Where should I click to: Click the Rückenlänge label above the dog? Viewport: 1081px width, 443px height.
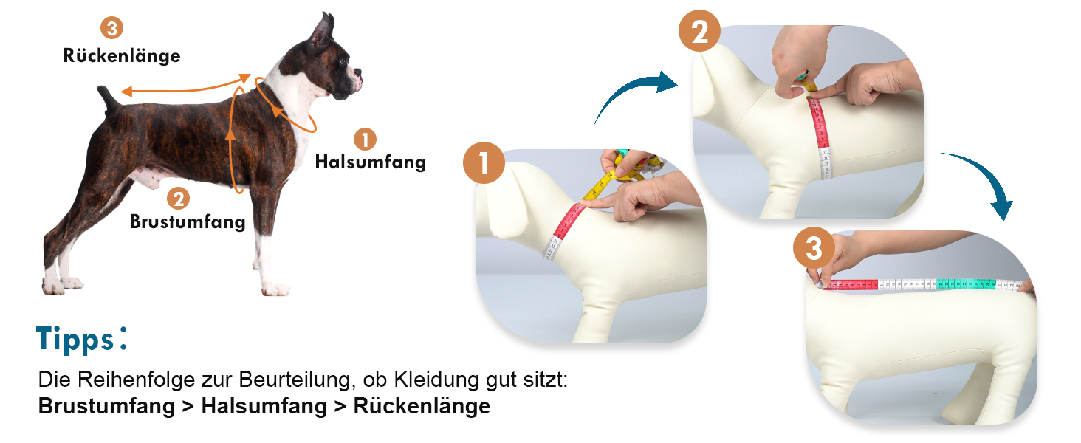tap(122, 55)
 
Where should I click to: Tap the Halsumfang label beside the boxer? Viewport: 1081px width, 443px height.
tap(371, 162)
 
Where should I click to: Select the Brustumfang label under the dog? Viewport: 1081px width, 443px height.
tap(188, 221)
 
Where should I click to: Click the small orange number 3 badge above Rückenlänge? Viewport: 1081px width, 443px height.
tap(112, 28)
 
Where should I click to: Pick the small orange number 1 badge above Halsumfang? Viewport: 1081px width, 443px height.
tap(366, 140)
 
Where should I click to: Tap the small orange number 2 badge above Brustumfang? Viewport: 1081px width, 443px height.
tap(179, 199)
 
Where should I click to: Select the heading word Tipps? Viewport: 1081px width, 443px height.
tap(75, 339)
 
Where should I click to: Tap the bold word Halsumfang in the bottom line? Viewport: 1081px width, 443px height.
tap(264, 406)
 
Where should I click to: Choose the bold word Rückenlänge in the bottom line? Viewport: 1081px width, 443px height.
tap(422, 406)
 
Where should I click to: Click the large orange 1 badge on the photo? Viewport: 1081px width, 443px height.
tap(484, 162)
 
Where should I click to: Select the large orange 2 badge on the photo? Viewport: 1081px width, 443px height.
tap(699, 31)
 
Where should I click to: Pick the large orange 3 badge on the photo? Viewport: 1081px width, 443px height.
tap(814, 248)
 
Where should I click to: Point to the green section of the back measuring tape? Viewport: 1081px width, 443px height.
tap(966, 284)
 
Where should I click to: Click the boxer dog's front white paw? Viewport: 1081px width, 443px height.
tap(275, 289)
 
